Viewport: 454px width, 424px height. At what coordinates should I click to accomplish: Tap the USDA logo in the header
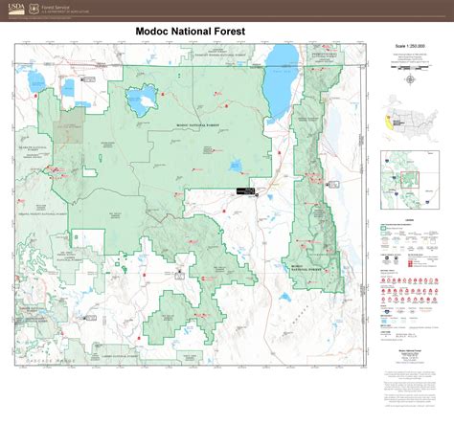pos(12,10)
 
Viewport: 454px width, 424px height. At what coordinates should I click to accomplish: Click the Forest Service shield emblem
pos(32,10)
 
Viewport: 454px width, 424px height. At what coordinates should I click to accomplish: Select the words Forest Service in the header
pos(57,7)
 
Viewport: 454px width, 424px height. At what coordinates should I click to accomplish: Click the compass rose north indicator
pos(410,79)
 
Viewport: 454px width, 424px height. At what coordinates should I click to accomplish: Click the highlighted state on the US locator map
pos(388,122)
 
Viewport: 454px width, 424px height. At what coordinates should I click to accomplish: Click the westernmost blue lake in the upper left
pos(39,77)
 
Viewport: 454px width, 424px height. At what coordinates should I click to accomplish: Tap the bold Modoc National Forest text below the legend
pos(409,351)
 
